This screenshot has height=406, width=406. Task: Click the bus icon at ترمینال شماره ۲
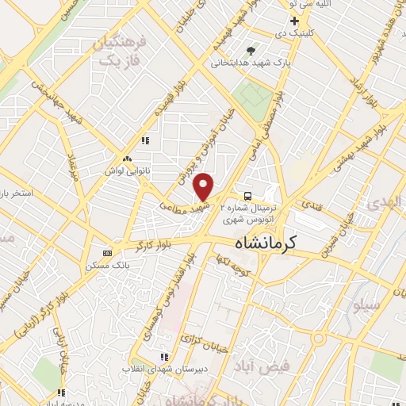[x=248, y=195]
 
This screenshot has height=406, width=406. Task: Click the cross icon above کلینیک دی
[x=294, y=20]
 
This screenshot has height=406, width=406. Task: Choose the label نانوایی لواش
[x=128, y=170]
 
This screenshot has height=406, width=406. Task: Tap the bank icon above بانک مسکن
[x=108, y=253]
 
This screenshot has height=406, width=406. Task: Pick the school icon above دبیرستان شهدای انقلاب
[x=165, y=358]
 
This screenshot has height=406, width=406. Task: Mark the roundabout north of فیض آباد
[x=318, y=339]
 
